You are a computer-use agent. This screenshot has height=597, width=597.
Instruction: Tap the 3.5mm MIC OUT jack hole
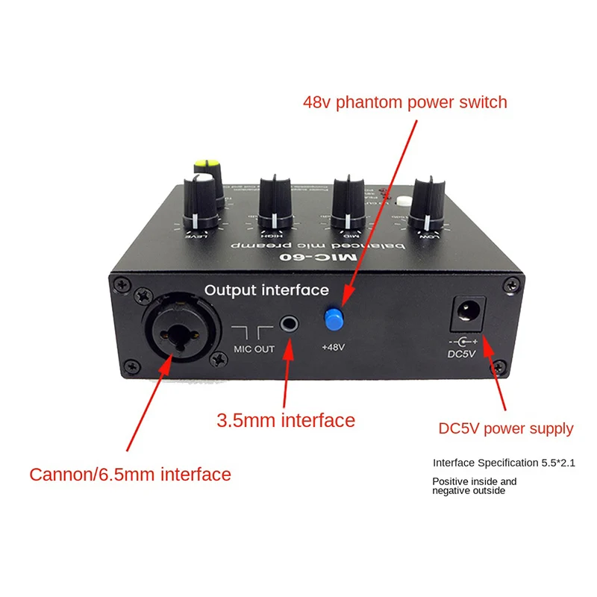click(289, 325)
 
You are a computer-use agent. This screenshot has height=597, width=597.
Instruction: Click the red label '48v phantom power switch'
click(405, 102)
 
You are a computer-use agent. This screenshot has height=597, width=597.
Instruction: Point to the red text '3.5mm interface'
click(286, 421)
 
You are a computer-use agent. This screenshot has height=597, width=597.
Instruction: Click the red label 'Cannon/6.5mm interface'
click(130, 474)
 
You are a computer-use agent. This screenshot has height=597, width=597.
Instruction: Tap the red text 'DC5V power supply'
click(506, 428)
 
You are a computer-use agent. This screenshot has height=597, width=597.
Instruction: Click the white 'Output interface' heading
click(266, 290)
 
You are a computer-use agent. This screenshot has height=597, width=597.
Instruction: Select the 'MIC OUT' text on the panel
click(254, 349)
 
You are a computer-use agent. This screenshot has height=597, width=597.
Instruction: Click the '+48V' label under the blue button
click(334, 347)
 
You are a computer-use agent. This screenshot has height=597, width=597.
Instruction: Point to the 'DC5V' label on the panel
click(465, 353)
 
